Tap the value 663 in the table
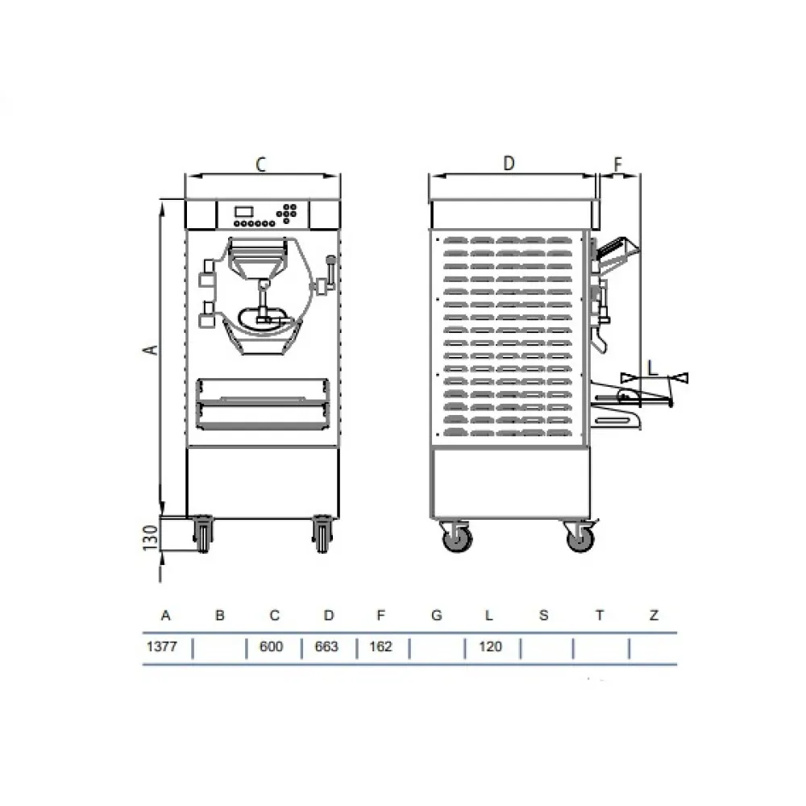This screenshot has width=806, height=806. [327, 647]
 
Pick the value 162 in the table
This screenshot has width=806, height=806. [380, 647]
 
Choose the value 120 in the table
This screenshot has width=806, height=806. [489, 647]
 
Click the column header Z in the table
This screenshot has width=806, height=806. [654, 616]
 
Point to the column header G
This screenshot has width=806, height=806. [436, 616]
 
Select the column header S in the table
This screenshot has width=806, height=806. [543, 616]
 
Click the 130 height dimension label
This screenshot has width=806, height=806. [149, 535]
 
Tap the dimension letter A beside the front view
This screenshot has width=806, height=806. [148, 348]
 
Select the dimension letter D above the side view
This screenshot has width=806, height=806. [509, 163]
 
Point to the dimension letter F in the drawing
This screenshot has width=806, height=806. [618, 164]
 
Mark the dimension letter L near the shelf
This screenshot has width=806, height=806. [654, 365]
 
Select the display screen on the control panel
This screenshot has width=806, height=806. [243, 211]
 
